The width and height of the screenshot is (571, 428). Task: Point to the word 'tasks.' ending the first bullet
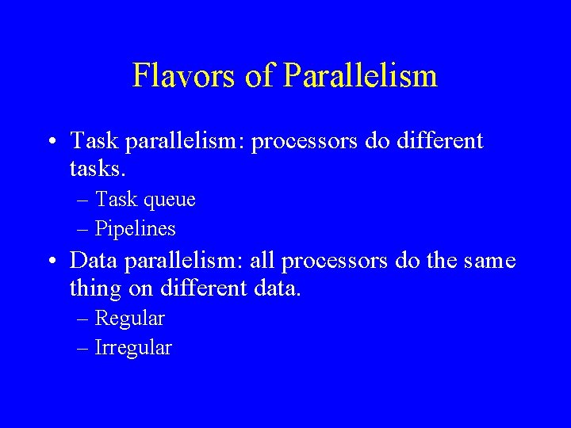point(98,170)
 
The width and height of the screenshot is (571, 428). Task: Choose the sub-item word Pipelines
point(136,230)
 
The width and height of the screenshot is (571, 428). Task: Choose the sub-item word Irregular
point(133,348)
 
